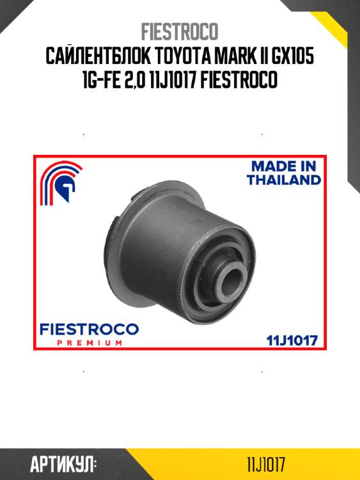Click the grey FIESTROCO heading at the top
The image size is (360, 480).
pyautogui.click(x=180, y=31)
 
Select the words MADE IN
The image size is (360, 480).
pyautogui.click(x=283, y=166)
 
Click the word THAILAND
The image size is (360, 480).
pyautogui.click(x=284, y=180)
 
